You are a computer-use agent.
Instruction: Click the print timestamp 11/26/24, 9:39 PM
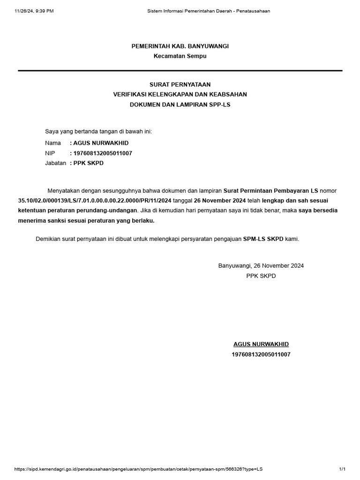pos(34,11)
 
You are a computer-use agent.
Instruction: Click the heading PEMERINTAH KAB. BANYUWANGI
pos(180,46)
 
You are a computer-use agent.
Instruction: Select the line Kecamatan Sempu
pos(180,56)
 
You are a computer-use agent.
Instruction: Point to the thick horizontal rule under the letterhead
pos(180,70)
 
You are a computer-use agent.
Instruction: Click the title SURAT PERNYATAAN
pos(180,84)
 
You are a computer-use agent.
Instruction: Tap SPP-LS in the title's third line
pos(220,105)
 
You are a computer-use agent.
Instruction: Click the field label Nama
pos(53,143)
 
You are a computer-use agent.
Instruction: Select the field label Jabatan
pos(55,163)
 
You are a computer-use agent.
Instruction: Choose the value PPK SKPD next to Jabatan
pos(89,163)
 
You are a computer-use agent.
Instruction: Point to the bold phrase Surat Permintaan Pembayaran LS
pos(270,191)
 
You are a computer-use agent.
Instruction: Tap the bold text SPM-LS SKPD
pos(263,239)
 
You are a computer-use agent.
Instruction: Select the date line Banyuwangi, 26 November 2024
pos(261,266)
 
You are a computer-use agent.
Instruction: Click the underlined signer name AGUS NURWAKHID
pos(261,345)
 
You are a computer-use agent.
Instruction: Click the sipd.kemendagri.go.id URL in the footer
pos(138,469)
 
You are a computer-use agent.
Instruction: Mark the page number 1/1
pos(342,469)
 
